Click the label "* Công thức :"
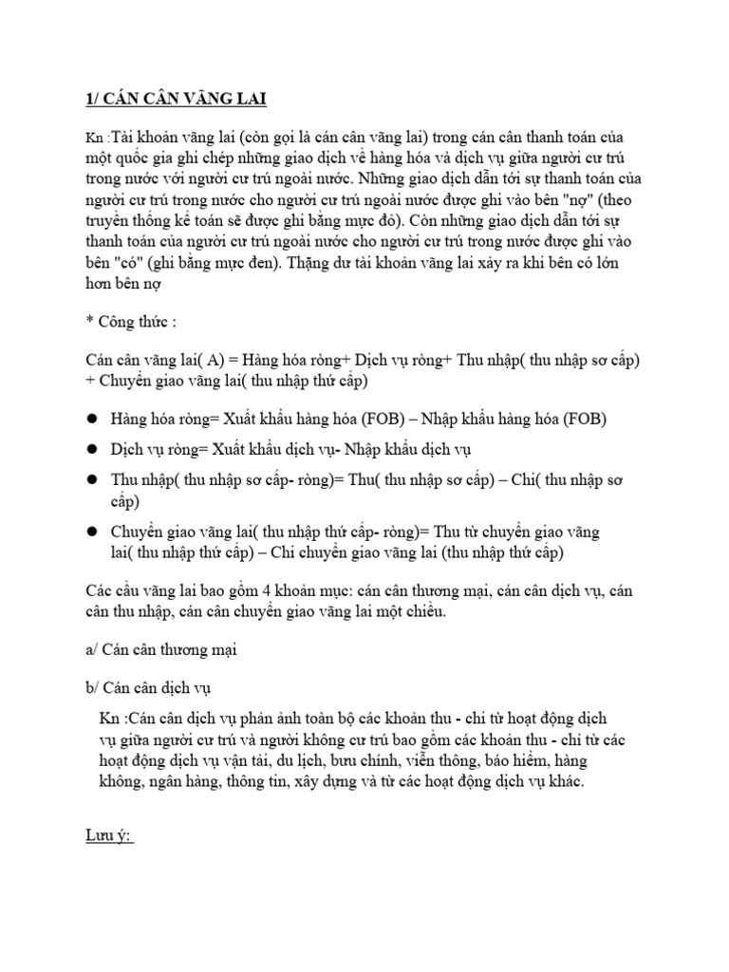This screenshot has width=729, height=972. tap(125, 322)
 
